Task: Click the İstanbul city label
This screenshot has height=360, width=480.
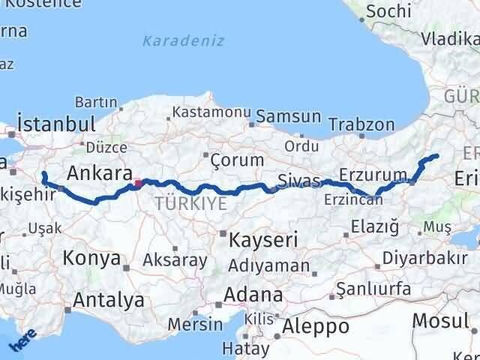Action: [55, 124]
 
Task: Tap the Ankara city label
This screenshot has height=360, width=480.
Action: [99, 173]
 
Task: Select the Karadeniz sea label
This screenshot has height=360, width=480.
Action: [184, 40]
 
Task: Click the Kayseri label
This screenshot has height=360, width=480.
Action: [263, 240]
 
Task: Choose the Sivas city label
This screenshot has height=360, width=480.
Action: [298, 181]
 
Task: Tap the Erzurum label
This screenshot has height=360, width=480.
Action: [373, 175]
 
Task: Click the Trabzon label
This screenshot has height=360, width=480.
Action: [361, 124]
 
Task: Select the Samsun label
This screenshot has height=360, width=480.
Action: [289, 117]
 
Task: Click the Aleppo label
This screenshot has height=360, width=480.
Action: [317, 326]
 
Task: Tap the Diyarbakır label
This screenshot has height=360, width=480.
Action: [419, 258]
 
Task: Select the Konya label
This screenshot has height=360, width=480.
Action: [92, 259]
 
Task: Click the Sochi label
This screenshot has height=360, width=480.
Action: [388, 11]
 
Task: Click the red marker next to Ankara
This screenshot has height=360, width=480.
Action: [136, 181]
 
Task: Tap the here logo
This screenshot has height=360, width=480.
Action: [22, 342]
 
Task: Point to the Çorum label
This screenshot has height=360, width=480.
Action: [237, 160]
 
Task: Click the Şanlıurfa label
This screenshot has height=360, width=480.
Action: [373, 289]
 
